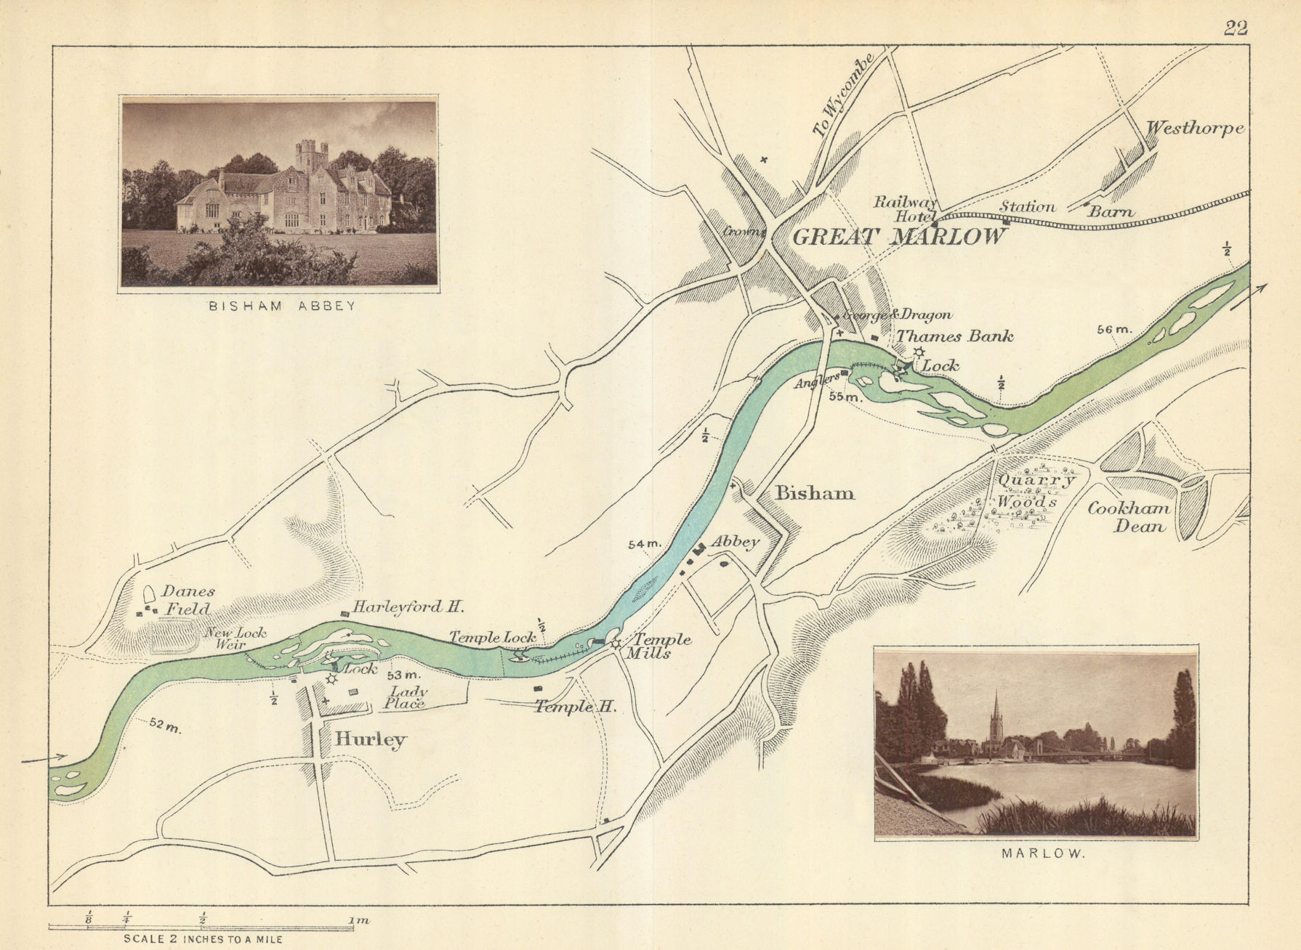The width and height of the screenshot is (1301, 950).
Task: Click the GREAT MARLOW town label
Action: [x=899, y=237]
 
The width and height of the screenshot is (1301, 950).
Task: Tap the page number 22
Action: [x=1236, y=28]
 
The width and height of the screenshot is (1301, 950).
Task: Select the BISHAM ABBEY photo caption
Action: [x=282, y=306]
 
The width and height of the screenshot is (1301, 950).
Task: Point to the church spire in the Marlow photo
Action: [x=996, y=715]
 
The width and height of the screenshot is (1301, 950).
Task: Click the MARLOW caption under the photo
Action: [x=1043, y=854]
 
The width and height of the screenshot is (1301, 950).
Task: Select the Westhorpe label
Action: [x=1195, y=129]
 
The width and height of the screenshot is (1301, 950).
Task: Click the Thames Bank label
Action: [x=954, y=336]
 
